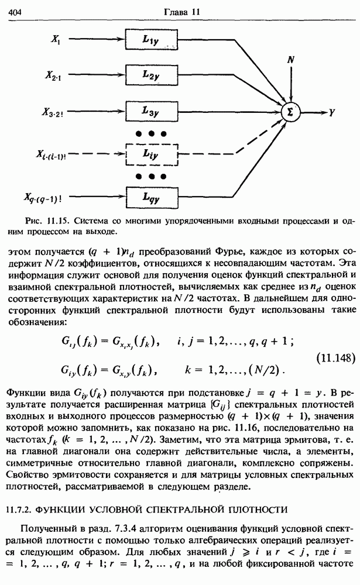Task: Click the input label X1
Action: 56,40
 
